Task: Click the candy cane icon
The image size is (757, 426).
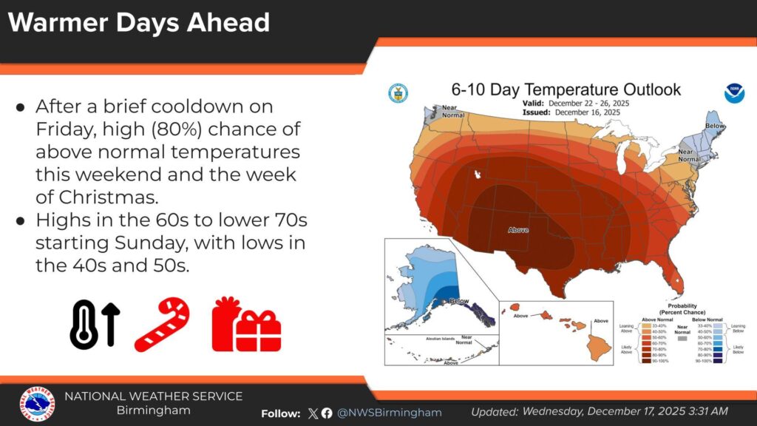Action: click(162, 324)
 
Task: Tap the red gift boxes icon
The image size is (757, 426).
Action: click(246, 324)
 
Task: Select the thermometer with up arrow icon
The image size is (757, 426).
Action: click(94, 324)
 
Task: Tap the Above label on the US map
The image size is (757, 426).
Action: click(518, 230)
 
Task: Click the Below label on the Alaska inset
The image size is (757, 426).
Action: click(460, 302)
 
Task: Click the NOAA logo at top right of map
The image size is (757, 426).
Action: click(733, 93)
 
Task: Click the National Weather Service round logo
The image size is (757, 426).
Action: click(37, 405)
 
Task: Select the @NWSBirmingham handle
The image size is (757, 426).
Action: click(389, 412)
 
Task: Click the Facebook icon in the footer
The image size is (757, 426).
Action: click(327, 413)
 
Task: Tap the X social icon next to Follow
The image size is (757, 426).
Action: click(313, 413)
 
